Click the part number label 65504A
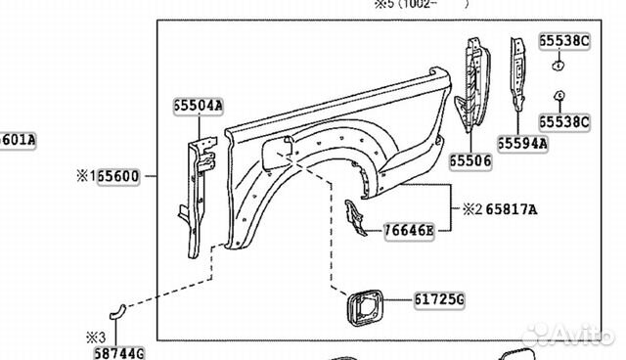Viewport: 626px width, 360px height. click(199, 106)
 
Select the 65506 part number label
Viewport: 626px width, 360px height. click(471, 158)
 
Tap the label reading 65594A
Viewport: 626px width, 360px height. click(521, 143)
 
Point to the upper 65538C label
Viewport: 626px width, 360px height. click(564, 41)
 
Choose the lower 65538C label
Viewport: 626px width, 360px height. click(564, 121)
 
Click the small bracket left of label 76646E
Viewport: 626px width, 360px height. click(354, 219)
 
